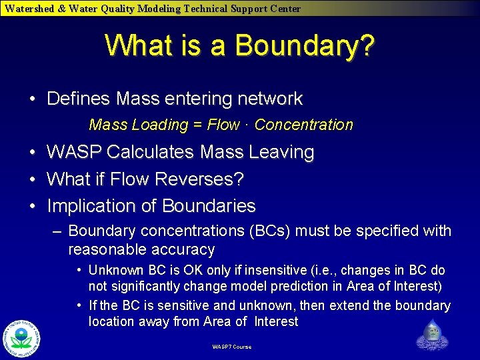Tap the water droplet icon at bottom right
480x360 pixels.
pyautogui.click(x=431, y=335)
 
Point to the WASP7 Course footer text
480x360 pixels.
pyautogui.click(x=232, y=347)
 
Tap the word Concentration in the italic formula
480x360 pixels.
pyautogui.click(x=304, y=125)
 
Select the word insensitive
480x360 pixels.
pyautogui.click(x=275, y=271)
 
